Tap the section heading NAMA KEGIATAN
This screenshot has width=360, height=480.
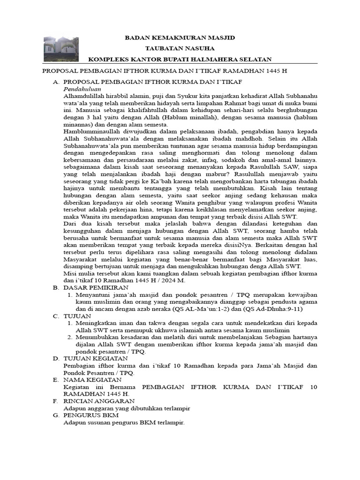point(92,380)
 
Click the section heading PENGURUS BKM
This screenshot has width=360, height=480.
point(91,415)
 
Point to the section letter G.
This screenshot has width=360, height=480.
point(55,415)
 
